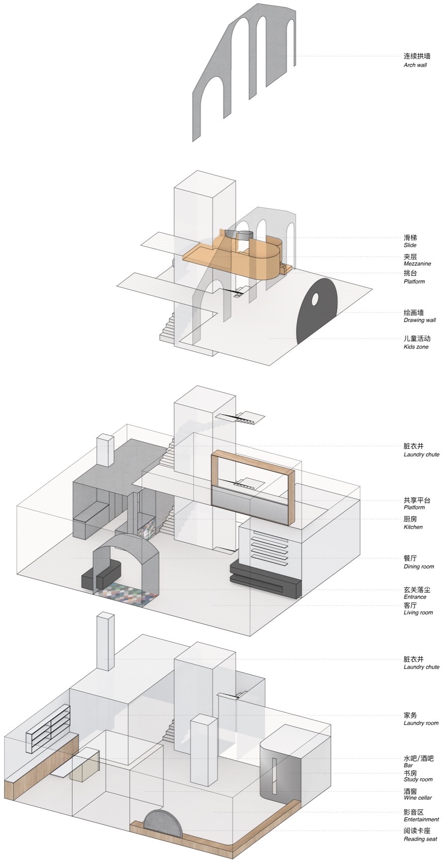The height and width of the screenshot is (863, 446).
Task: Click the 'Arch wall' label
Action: [415, 65]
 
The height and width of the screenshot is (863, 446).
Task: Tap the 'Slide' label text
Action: [410, 245]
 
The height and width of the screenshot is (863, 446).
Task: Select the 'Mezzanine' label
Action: [417, 263]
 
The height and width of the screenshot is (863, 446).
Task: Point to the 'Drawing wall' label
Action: [420, 320]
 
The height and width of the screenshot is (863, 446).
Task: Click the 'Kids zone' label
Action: [416, 347]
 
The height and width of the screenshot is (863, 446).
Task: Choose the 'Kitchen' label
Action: [413, 526]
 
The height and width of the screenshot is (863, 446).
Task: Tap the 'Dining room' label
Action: [419, 567]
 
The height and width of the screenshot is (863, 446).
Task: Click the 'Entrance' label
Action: [415, 597]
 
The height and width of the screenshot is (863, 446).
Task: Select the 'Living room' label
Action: [418, 612]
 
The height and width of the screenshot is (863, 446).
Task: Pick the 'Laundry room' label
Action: [421, 723]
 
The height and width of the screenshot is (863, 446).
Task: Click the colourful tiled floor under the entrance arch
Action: [127, 592]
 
